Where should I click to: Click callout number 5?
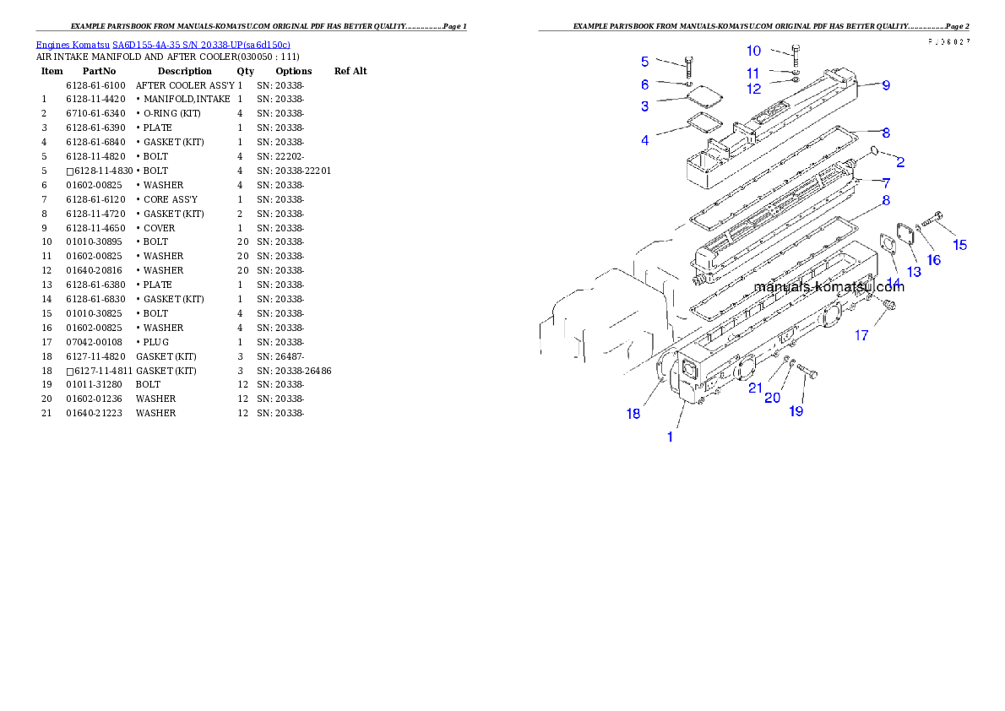pos(645,62)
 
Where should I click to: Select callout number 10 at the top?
pos(753,52)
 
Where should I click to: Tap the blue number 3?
pos(645,106)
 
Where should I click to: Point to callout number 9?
pos(886,85)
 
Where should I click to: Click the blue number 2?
pos(900,162)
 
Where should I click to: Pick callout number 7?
pos(886,182)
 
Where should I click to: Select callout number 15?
pos(960,246)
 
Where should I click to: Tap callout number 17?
pos(861,335)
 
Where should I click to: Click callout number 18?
pos(633,414)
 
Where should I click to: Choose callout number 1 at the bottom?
pos(671,437)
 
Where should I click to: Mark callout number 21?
pos(755,388)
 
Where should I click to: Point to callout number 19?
pos(796,411)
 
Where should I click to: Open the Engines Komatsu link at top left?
pos(163,45)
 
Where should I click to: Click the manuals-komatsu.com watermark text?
pos(828,286)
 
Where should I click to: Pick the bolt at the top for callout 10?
pos(796,52)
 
